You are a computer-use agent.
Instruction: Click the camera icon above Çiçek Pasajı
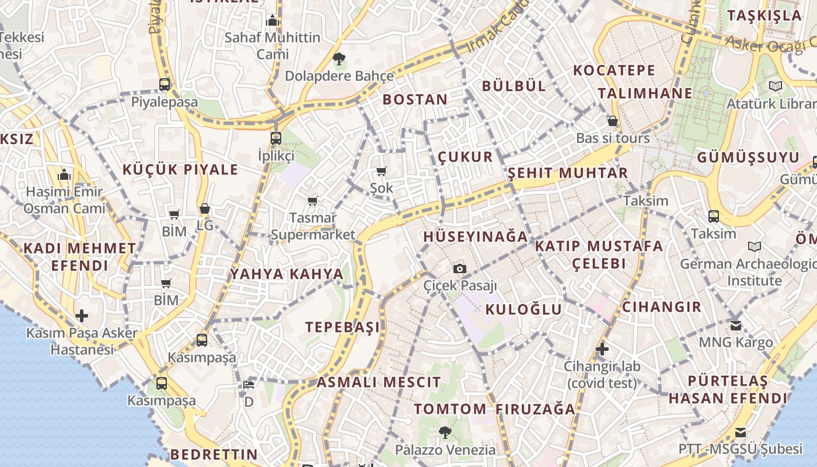click(x=460, y=269)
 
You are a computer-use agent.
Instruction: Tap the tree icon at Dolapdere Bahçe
click(x=338, y=58)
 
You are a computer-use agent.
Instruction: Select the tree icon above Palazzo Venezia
click(x=445, y=433)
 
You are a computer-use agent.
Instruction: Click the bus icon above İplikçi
click(x=276, y=138)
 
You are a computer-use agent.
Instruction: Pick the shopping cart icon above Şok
click(x=382, y=171)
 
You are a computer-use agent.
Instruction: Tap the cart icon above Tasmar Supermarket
click(x=313, y=201)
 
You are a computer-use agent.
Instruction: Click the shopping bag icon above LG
click(x=205, y=208)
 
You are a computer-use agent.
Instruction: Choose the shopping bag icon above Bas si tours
click(x=613, y=121)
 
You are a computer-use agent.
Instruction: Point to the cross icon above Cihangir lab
click(x=602, y=349)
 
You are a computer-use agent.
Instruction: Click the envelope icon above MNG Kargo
click(x=736, y=325)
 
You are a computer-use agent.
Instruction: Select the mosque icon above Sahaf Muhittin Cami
click(x=273, y=21)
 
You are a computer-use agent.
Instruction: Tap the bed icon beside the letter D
click(x=249, y=385)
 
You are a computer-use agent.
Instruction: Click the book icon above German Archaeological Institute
click(x=755, y=247)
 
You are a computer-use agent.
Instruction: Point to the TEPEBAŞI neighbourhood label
click(x=343, y=327)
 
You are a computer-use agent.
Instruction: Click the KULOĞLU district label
click(x=523, y=309)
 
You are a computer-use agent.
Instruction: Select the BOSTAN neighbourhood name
click(x=415, y=99)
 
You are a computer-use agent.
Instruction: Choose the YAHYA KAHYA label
click(x=287, y=274)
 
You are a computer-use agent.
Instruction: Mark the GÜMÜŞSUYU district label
click(x=748, y=158)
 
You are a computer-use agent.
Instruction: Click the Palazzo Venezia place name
click(x=445, y=449)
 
